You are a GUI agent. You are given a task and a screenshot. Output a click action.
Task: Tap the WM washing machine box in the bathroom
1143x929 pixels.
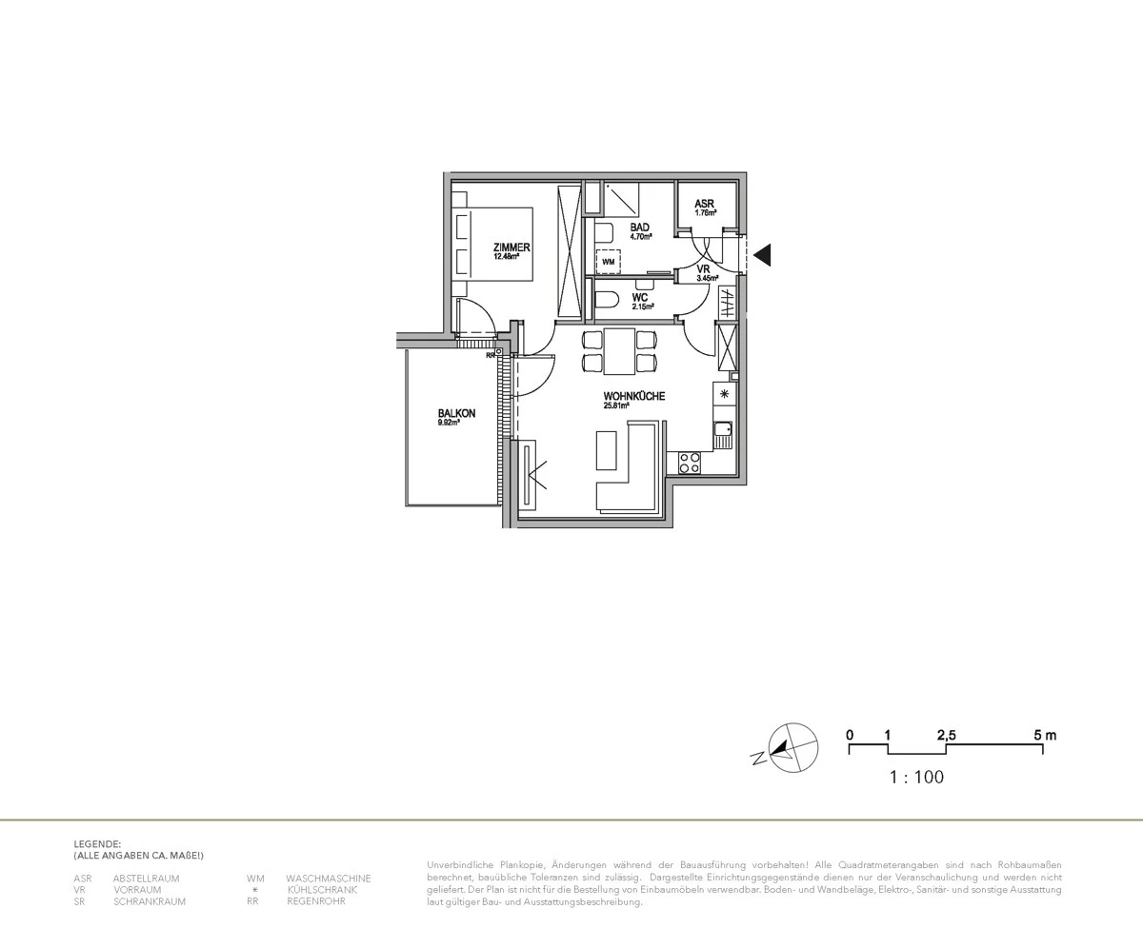[x=608, y=260]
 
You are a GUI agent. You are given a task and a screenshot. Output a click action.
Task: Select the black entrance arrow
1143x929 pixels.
[x=762, y=255]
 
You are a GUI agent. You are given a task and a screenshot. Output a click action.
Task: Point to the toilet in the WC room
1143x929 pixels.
[x=605, y=301]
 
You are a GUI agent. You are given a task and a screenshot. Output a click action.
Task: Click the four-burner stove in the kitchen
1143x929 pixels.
[x=689, y=463]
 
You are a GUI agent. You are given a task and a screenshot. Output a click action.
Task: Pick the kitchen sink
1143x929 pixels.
[x=724, y=434]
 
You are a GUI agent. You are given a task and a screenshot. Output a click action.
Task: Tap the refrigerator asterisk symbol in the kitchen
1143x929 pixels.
[x=724, y=393]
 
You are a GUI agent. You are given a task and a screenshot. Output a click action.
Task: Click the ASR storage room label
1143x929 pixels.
[x=704, y=204]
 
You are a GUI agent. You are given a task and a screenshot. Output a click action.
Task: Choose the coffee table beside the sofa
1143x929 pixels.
[x=607, y=449]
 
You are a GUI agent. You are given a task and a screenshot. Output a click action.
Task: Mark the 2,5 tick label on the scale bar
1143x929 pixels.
[x=946, y=735]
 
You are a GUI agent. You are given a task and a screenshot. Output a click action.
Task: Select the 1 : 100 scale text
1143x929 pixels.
[x=916, y=778]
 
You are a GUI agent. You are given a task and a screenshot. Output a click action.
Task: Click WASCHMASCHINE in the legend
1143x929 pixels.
[x=328, y=879]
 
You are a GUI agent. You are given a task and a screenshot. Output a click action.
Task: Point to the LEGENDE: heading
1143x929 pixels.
[x=97, y=843]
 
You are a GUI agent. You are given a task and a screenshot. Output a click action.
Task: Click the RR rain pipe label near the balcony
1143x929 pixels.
[x=491, y=355]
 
